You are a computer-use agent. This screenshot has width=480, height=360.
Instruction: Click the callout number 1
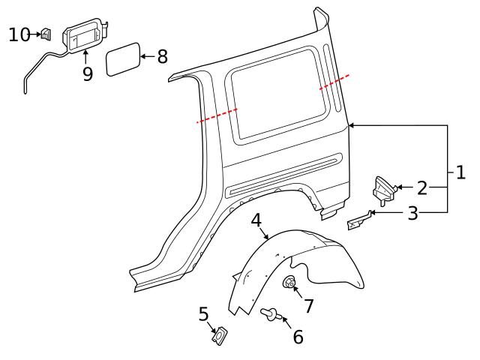pos(460,172)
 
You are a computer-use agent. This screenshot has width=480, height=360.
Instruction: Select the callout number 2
pos(421,188)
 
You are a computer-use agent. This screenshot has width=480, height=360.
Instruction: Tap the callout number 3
pos(412,214)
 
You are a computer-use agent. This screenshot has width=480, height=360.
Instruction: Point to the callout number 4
pos(256,220)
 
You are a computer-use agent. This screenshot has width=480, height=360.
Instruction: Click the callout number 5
pos(204,313)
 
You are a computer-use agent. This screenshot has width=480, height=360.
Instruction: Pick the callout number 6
pos(298,337)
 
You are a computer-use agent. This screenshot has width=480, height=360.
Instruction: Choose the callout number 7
pos(308,305)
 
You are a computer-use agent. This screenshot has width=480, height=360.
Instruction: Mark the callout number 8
pos(162,57)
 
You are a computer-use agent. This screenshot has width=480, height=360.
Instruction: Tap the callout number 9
pos(88,73)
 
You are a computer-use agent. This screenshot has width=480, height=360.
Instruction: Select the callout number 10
pos(19,34)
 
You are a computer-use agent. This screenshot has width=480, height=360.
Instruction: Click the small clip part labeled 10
pos(46,34)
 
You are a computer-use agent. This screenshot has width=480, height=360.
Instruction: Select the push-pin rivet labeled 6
pos(271,316)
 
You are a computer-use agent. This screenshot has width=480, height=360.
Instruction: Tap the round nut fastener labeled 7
pos(289,283)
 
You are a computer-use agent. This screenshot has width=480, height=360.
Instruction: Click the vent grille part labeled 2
pos(384,189)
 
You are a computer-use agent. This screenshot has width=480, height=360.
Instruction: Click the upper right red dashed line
pos(334,82)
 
